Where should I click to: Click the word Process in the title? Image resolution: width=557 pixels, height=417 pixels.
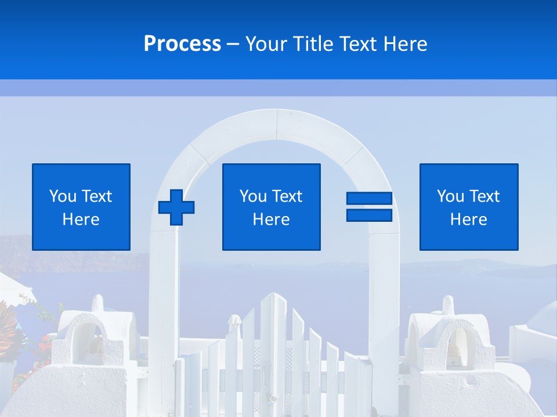[182, 44]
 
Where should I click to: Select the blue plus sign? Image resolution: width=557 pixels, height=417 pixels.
[176, 207]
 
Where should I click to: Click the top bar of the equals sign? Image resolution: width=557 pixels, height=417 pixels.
[369, 199]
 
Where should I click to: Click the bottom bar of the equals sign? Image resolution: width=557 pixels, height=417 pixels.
[369, 215]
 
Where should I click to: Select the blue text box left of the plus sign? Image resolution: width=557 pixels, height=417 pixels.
[81, 207]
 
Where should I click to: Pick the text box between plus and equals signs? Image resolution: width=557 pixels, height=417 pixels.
[272, 207]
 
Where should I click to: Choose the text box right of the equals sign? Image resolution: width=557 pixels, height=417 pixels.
[469, 207]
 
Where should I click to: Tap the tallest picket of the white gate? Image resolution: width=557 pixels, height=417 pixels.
[267, 348]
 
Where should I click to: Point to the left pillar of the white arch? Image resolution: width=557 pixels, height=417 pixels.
[163, 313]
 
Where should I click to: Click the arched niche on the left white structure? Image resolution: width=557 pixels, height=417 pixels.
[87, 342]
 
